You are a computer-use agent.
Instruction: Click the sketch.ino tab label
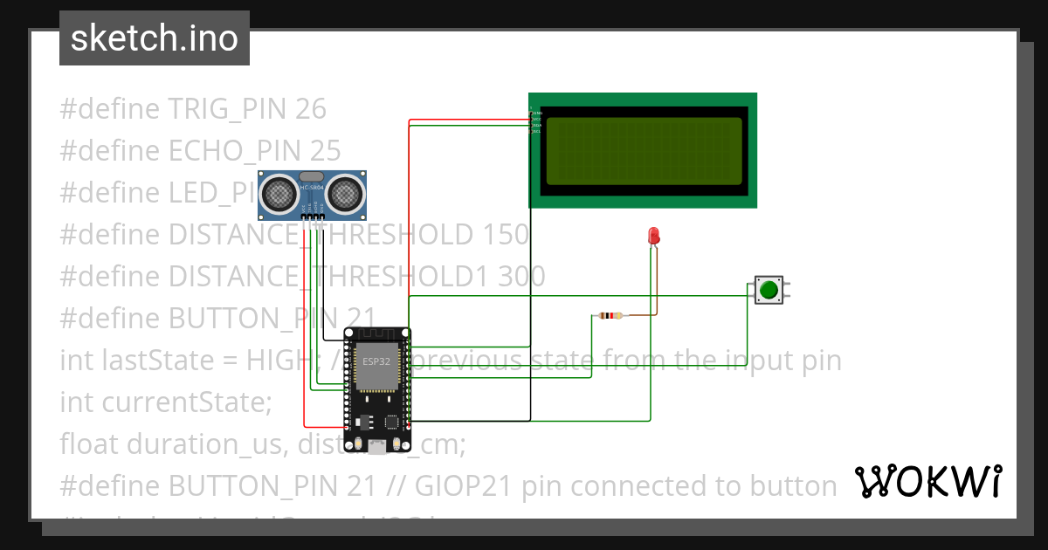[x=154, y=38]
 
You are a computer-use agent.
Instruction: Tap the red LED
[x=653, y=235]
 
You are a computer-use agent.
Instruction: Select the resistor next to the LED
[x=609, y=315]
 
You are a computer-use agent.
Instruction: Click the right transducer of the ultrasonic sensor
[x=346, y=192]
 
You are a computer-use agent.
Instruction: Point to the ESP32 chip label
[x=376, y=361]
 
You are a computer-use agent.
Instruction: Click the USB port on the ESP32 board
[x=377, y=447]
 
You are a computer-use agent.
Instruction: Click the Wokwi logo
[x=927, y=481]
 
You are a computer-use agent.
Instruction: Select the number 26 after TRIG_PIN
[x=311, y=109]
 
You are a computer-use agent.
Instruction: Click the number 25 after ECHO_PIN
[x=325, y=151]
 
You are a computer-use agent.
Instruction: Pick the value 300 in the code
[x=521, y=276]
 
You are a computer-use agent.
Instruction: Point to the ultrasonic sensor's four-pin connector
[x=313, y=217]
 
